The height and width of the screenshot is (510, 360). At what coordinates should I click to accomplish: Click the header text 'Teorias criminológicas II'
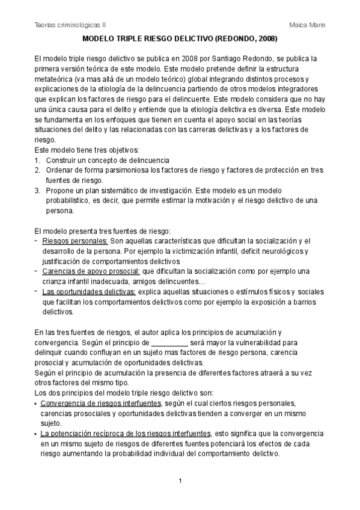coord(70,24)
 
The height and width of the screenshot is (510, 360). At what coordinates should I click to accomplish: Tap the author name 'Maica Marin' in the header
coord(308,24)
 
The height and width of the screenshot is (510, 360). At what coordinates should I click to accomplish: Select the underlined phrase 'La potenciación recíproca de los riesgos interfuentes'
coord(125,433)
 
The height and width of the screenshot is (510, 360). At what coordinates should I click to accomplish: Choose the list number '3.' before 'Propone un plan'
coord(38,190)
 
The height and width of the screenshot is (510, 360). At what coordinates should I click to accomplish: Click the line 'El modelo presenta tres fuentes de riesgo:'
coord(103,230)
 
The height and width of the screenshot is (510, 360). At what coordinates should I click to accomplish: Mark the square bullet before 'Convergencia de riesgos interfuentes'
coord(37,403)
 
